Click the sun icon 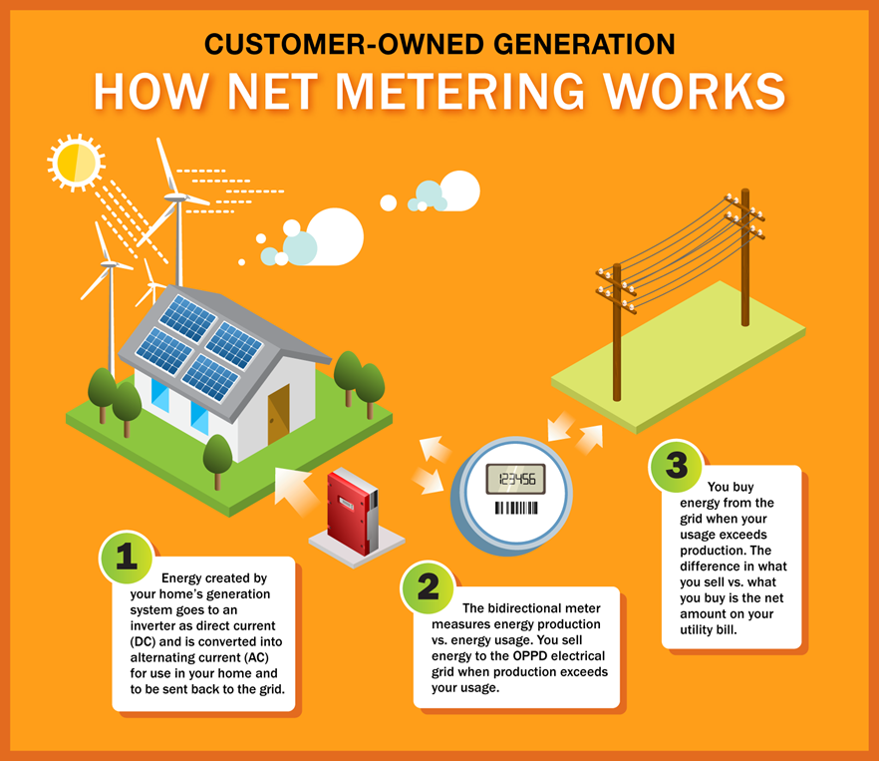[x=76, y=163]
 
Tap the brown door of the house [x=279, y=414]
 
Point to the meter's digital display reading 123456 [x=516, y=479]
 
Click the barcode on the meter [x=516, y=508]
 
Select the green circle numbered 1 [x=127, y=558]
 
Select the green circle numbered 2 [x=428, y=587]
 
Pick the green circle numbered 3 [x=676, y=465]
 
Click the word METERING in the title [x=459, y=92]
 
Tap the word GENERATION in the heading [x=584, y=44]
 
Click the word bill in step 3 [x=727, y=629]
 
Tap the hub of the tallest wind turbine [x=176, y=197]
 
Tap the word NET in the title [x=273, y=92]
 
